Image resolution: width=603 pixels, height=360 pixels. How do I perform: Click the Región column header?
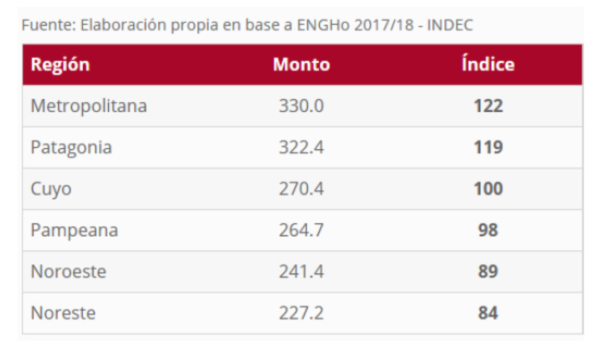tap(60, 64)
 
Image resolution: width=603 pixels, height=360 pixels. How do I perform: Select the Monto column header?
tap(301, 64)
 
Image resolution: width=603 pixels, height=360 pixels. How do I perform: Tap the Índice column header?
tap(488, 64)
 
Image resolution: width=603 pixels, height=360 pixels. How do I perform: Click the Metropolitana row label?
tap(89, 106)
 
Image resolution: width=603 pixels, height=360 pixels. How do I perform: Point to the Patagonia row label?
tap(71, 147)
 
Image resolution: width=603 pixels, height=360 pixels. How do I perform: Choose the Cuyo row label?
tap(51, 189)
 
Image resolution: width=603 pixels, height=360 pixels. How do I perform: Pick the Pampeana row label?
tap(74, 230)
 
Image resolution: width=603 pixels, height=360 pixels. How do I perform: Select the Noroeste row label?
tap(68, 272)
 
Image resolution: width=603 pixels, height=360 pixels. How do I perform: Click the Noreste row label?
tap(63, 313)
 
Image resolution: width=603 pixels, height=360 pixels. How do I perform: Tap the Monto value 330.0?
tap(301, 106)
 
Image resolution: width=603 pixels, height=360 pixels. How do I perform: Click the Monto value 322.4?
tap(301, 147)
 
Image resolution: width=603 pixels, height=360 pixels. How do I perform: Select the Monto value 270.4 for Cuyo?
tap(301, 189)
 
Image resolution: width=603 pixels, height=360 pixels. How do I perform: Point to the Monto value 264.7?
tap(301, 230)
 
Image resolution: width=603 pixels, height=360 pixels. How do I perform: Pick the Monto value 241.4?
tap(301, 272)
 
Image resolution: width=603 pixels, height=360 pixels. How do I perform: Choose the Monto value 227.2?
tap(301, 313)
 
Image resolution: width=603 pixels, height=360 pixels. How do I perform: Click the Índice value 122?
tap(488, 106)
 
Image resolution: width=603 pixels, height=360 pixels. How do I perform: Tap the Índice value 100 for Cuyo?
tap(488, 189)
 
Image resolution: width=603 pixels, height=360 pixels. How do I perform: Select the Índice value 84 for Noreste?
tap(488, 313)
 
